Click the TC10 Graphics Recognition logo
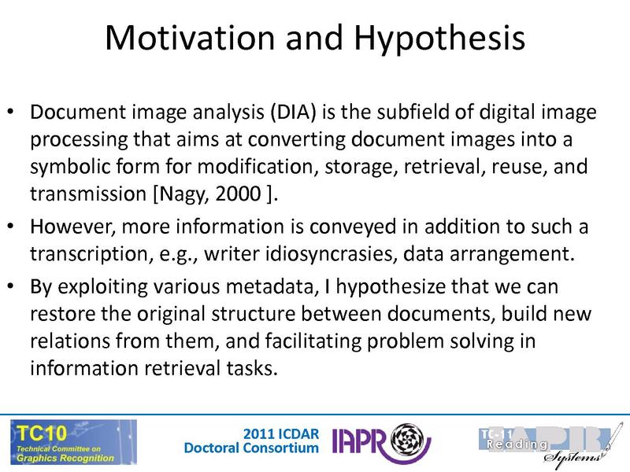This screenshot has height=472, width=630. pos(73,441)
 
